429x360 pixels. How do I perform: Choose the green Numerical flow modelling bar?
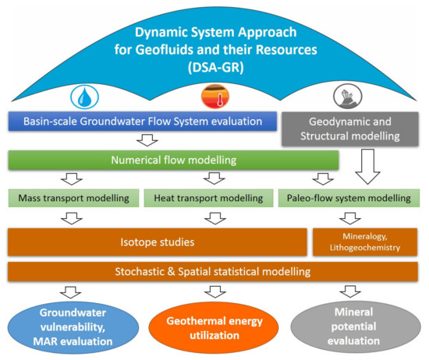tap(173, 160)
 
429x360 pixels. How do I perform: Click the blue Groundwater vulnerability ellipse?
tap(71, 326)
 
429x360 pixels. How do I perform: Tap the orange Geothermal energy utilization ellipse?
tap(211, 326)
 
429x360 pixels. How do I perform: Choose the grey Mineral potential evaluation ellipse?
tap(346, 326)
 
